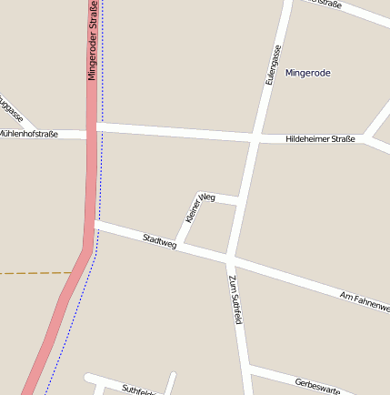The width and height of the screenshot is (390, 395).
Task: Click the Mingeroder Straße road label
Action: pos(93,41)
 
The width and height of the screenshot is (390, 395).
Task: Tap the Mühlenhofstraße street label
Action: pos(28,134)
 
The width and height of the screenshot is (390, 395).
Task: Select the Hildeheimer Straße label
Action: pos(320,139)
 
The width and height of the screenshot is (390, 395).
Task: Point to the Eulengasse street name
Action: pos(271,66)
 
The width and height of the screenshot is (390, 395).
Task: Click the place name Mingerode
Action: pos(307,73)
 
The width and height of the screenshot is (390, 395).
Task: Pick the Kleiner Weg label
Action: pos(199,208)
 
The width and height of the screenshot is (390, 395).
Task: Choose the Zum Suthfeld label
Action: pos(235,299)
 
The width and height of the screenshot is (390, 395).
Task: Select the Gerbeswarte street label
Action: pos(317,386)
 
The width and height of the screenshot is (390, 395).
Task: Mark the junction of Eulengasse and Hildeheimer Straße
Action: pos(252,138)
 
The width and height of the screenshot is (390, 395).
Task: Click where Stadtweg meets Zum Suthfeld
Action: pos(227,259)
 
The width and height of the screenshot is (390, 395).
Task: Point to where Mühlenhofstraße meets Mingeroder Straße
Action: pos(93,133)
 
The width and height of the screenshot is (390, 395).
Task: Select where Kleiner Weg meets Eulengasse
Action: pos(239,199)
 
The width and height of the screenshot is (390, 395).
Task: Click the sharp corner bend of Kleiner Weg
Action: pos(201,193)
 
